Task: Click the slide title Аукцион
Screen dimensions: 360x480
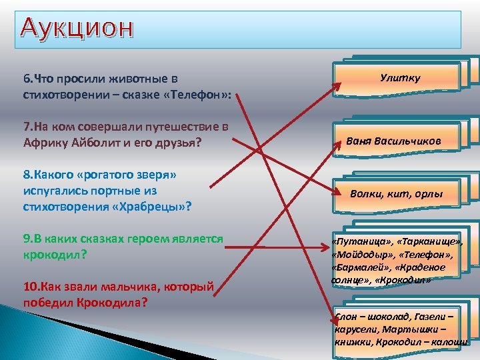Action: pyautogui.click(x=77, y=28)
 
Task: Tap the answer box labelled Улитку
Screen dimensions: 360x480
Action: pyautogui.click(x=400, y=79)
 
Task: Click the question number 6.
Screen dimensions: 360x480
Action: pyautogui.click(x=27, y=79)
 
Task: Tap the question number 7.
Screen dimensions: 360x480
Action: pyautogui.click(x=27, y=126)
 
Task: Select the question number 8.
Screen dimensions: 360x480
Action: pyautogui.click(x=27, y=175)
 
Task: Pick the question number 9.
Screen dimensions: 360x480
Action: pyautogui.click(x=27, y=239)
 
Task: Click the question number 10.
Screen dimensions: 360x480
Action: pyautogui.click(x=30, y=287)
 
